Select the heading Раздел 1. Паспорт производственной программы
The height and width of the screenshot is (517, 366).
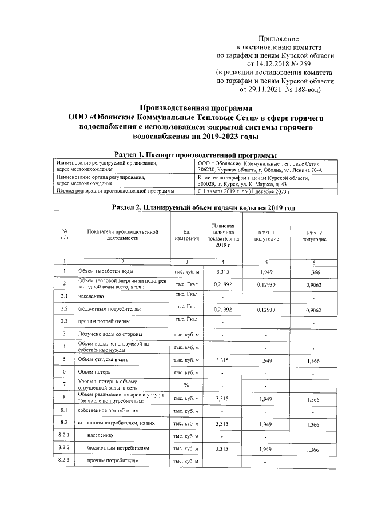(188, 155)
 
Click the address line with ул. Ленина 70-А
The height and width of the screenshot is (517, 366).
(256, 170)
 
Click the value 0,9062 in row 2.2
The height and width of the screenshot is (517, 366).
(313, 309)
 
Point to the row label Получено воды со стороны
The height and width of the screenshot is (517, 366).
(110, 334)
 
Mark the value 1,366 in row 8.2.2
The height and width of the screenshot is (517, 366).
(313, 450)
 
